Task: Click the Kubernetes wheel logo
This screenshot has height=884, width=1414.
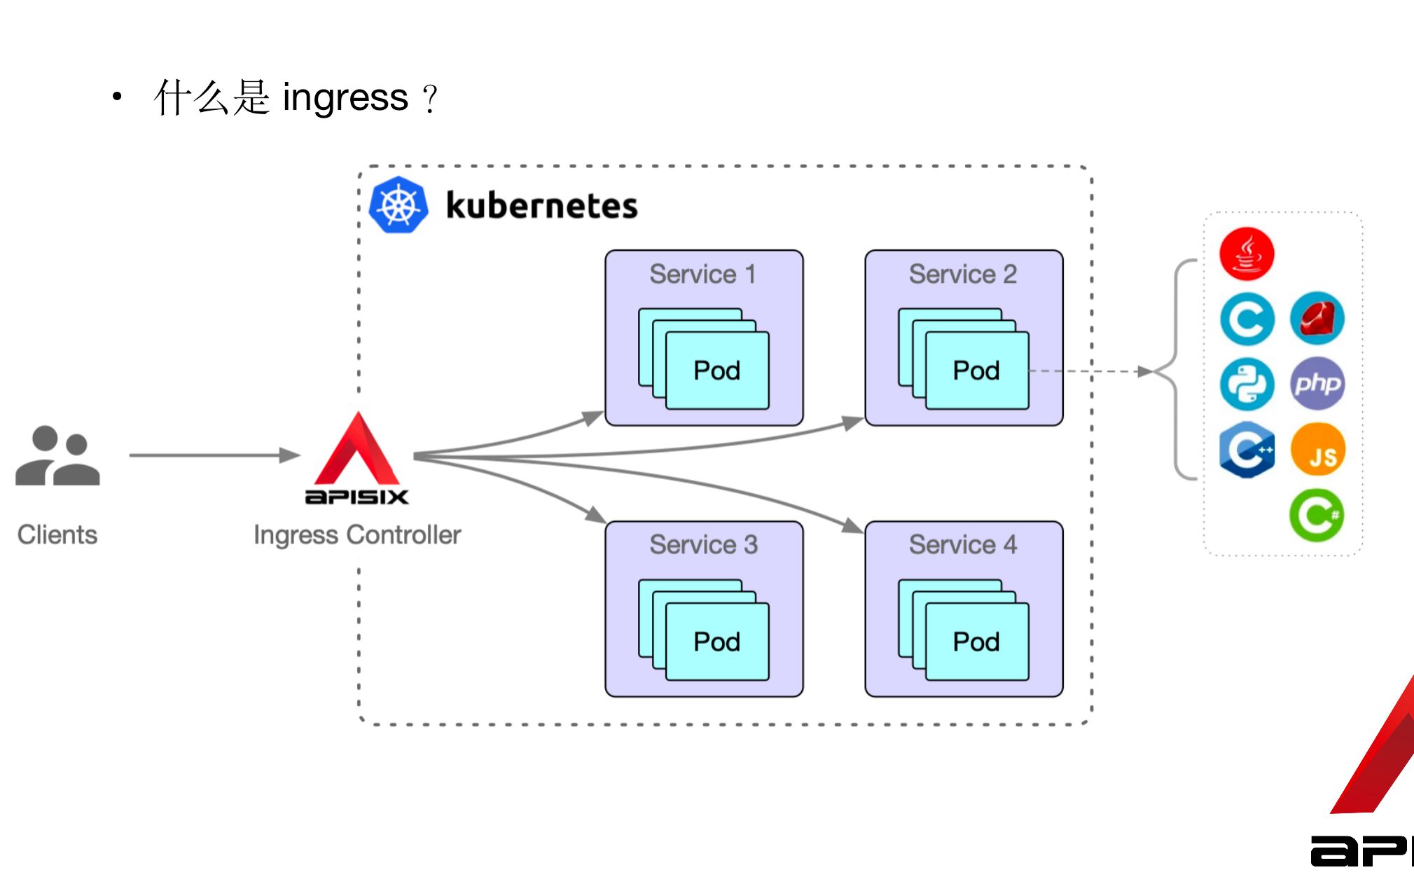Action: coord(398,205)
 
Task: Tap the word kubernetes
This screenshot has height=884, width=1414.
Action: coord(541,206)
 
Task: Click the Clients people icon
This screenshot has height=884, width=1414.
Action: coord(57,455)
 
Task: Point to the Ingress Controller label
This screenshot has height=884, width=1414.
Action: coord(357,535)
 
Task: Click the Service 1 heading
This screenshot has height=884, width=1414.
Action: coord(702,274)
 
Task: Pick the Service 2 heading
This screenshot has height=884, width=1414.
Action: coord(963,274)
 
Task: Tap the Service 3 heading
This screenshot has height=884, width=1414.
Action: coord(703,545)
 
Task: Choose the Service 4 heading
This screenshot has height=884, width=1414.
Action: coord(963,545)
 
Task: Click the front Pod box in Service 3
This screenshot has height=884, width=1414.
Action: coord(717,642)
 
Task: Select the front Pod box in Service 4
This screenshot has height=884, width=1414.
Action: coord(977,642)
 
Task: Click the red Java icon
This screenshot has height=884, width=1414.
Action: coord(1247,254)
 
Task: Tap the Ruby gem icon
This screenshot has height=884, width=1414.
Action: coord(1317,319)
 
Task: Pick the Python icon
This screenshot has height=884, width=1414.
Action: coord(1247,384)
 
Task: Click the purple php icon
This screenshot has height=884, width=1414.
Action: coord(1317,384)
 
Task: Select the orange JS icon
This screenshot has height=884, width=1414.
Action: coord(1317,450)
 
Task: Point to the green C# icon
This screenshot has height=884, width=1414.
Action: coord(1317,516)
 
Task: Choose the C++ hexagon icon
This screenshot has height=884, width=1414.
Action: coord(1247,450)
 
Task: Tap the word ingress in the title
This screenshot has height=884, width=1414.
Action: coord(345,97)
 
